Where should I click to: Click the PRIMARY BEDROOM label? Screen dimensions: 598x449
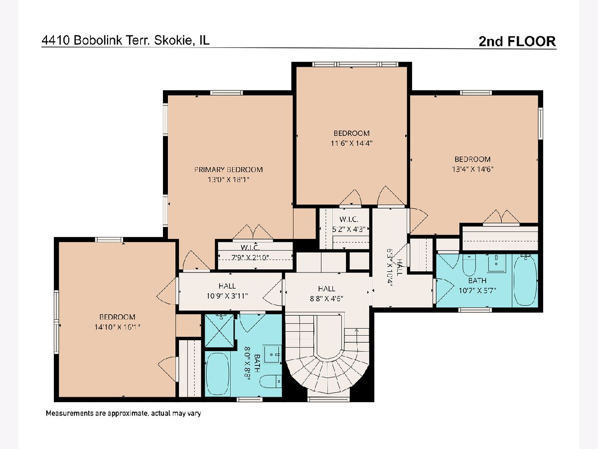(x=228, y=170)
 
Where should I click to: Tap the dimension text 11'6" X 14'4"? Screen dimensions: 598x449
(x=351, y=143)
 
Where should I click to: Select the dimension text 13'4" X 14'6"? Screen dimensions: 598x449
(x=473, y=169)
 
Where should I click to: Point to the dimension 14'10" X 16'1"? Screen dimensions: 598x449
(x=117, y=327)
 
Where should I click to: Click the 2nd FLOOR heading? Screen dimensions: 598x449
(x=517, y=41)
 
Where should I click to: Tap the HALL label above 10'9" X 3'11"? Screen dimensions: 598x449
(x=227, y=286)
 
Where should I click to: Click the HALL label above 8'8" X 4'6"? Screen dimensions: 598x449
(x=326, y=289)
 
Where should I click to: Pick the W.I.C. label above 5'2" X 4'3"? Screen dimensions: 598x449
(x=349, y=219)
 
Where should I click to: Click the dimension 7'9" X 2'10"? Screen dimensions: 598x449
(x=250, y=257)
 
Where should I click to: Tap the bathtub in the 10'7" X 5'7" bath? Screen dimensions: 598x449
(x=525, y=281)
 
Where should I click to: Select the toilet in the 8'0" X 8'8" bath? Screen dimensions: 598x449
(x=271, y=381)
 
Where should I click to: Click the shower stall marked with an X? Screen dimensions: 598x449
(x=219, y=331)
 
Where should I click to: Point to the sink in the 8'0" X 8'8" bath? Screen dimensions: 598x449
(x=272, y=354)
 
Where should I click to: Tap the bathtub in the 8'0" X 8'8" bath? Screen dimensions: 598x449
(x=218, y=373)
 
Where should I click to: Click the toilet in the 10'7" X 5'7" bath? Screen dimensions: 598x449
(x=469, y=264)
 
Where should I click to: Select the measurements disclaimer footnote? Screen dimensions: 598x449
(x=124, y=413)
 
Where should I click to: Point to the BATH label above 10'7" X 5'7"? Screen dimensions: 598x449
(x=477, y=280)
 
